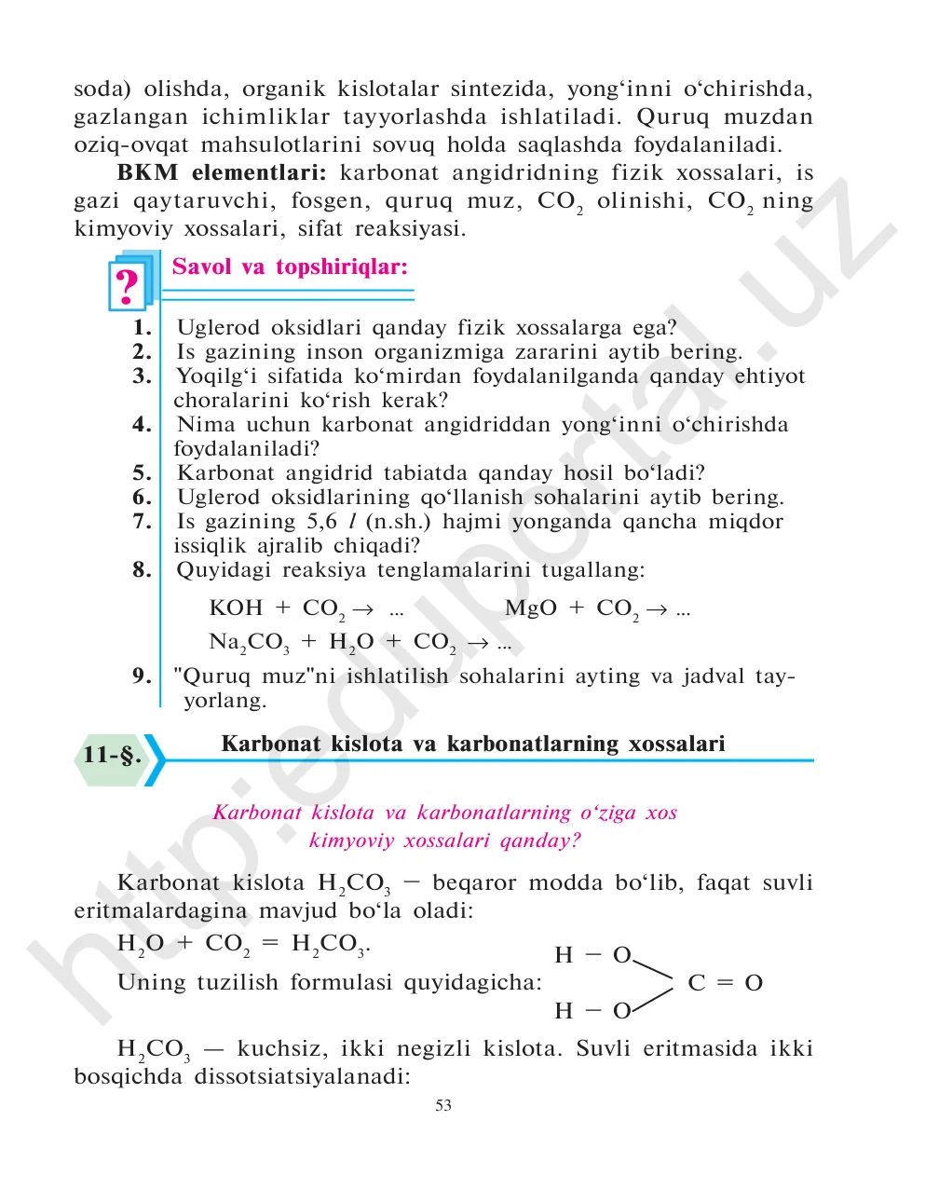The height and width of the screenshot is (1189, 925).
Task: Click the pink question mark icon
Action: tap(127, 286)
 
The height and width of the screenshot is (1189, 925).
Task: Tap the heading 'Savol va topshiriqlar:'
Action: tap(290, 267)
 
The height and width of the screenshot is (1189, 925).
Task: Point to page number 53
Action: tap(443, 1105)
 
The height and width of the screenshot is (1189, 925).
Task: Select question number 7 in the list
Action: tap(142, 522)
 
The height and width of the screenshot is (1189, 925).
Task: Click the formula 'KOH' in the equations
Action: tap(236, 608)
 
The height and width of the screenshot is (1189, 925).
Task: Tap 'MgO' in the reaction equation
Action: tap(530, 608)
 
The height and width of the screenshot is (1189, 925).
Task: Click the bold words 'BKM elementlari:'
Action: tap(222, 173)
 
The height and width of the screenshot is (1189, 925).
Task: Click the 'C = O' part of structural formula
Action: tap(725, 983)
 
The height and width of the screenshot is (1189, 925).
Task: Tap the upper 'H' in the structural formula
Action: tap(564, 955)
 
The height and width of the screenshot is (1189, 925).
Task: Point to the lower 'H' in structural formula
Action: tap(564, 1011)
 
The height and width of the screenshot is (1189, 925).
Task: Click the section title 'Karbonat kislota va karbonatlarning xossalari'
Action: tap(472, 744)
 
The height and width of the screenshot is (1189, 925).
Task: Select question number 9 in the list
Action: tap(142, 676)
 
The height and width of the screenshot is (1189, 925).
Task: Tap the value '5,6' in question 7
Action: tap(322, 522)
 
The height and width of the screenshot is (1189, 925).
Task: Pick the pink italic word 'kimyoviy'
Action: tap(347, 840)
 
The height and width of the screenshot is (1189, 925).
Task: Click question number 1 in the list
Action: tap(142, 328)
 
